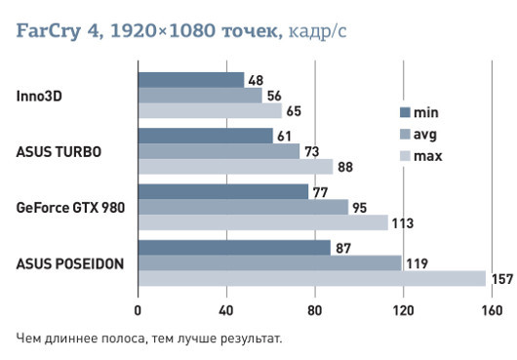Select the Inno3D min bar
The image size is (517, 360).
[x=190, y=80]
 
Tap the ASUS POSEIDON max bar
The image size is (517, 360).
[x=311, y=279]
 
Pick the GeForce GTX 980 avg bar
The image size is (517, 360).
[x=243, y=207]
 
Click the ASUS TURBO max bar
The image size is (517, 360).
[x=235, y=166]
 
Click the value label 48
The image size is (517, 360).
[x=256, y=80]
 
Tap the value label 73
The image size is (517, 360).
[x=311, y=151]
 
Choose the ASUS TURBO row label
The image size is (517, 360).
[x=58, y=151]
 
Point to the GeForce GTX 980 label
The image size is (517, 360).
[x=70, y=207]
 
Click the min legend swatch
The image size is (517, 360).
[x=405, y=111]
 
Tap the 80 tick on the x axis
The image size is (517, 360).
[x=314, y=312]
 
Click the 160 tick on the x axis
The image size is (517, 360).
[x=490, y=312]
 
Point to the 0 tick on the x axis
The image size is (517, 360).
[x=138, y=312]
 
